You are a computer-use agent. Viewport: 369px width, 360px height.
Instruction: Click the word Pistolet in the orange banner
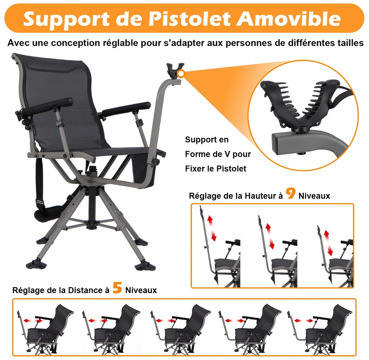190,18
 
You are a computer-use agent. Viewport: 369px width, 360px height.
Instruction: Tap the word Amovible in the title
289,18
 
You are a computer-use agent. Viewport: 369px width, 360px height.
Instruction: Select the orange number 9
290,193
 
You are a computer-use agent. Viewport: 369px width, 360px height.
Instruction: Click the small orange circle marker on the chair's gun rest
181,74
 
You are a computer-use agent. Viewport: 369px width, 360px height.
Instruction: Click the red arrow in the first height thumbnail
212,229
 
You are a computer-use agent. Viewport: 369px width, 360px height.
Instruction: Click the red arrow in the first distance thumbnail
33,321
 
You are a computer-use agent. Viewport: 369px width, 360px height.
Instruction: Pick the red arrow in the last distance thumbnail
304,321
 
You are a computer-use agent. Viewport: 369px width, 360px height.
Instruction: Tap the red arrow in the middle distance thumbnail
165,321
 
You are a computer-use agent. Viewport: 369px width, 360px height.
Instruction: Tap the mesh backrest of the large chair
61,99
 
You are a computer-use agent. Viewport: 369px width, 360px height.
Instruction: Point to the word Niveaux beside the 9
314,196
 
